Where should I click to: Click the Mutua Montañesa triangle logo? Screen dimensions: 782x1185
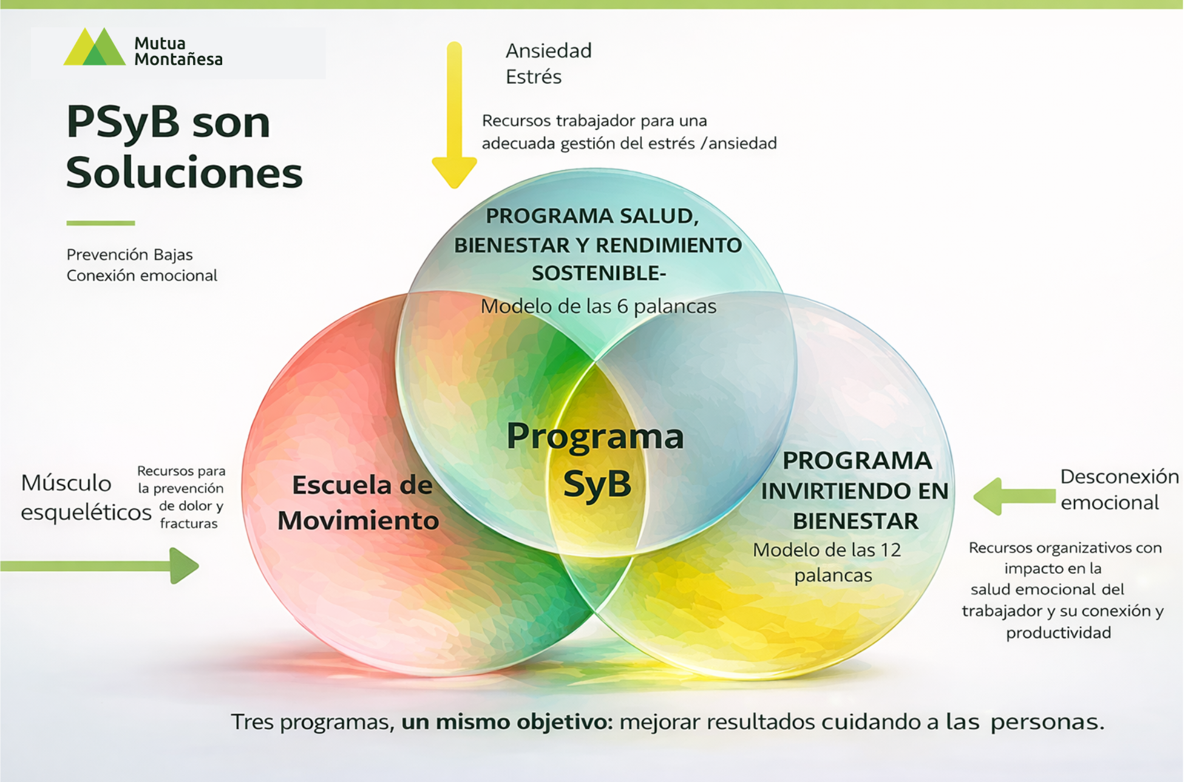95,47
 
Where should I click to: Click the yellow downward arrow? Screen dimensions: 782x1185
454,115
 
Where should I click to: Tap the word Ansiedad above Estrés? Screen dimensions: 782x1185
548,50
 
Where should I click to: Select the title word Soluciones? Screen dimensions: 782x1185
184,172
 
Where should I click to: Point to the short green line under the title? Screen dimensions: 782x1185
100,223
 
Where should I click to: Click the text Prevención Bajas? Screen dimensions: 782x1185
129,254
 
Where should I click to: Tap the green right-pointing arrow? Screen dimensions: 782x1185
103,566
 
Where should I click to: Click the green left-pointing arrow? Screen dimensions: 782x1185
1014,496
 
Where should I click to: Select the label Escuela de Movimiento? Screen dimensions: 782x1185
359,503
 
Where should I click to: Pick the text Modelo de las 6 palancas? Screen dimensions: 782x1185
598,307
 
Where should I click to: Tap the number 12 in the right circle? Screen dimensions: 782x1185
890,550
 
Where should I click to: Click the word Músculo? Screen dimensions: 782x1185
66,483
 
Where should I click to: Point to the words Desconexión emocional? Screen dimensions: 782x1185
1118,489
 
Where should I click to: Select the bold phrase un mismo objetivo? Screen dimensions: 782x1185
507,722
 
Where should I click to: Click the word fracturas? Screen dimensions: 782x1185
189,523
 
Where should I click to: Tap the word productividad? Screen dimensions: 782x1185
1058,633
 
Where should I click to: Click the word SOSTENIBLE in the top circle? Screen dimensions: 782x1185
597,274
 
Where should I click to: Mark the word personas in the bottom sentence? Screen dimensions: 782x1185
1047,722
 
